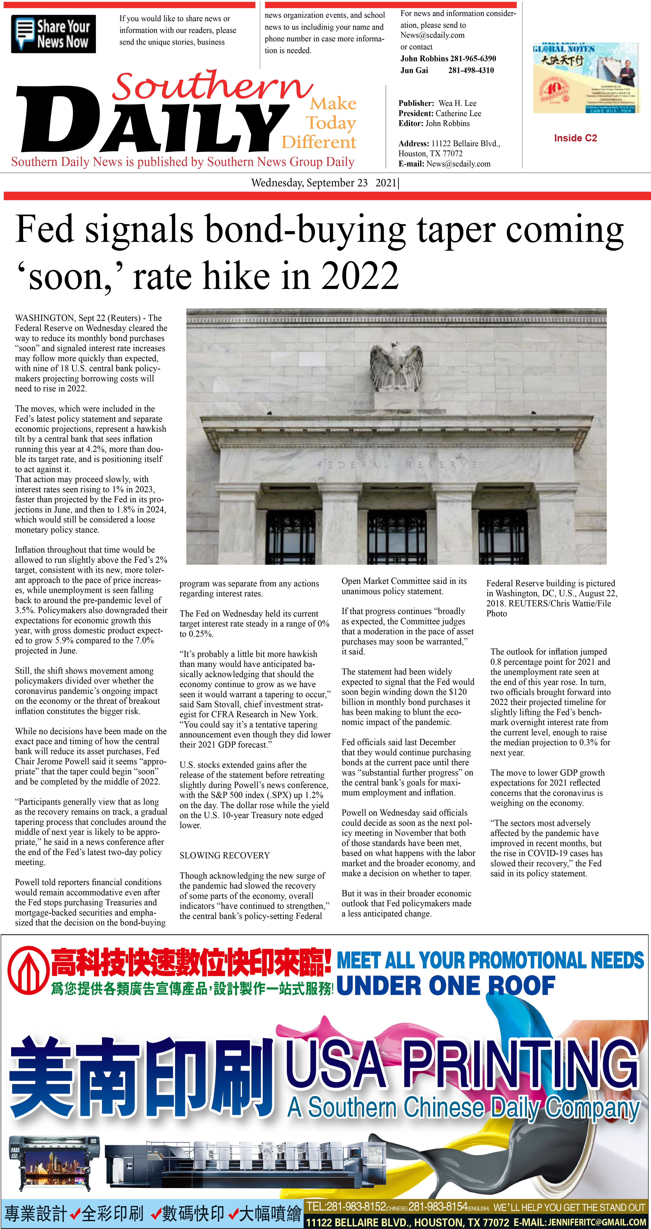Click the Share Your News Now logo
click(x=53, y=34)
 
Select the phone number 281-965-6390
click(x=473, y=59)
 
